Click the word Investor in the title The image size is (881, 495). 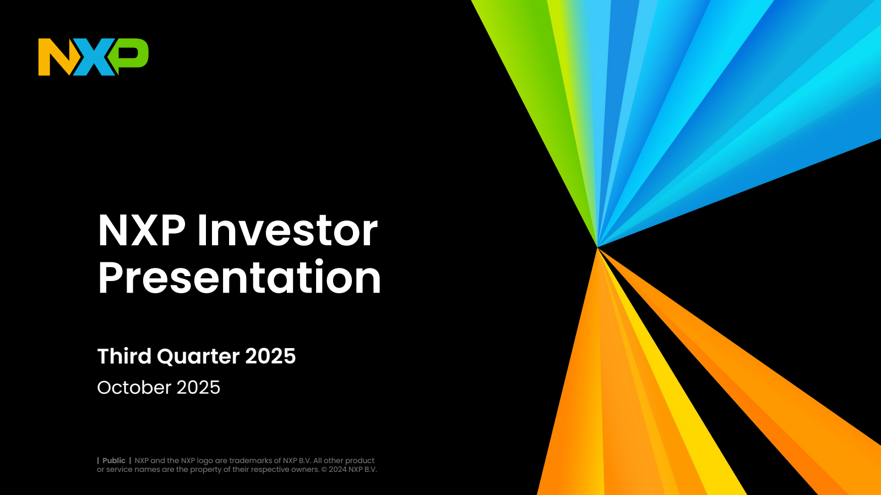[287, 230]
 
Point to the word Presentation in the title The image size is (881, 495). [240, 278]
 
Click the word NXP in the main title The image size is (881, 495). [142, 230]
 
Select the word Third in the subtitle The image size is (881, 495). [124, 356]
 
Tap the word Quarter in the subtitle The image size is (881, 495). [198, 357]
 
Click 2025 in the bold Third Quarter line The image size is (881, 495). [270, 356]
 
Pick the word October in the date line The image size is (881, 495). [134, 388]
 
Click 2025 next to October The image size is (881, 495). [198, 388]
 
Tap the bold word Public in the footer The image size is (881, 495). [114, 461]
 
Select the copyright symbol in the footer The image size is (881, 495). [324, 470]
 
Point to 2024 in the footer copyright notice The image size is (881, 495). [338, 470]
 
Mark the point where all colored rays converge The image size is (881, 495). [597, 248]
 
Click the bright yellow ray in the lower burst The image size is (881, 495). [694, 418]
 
